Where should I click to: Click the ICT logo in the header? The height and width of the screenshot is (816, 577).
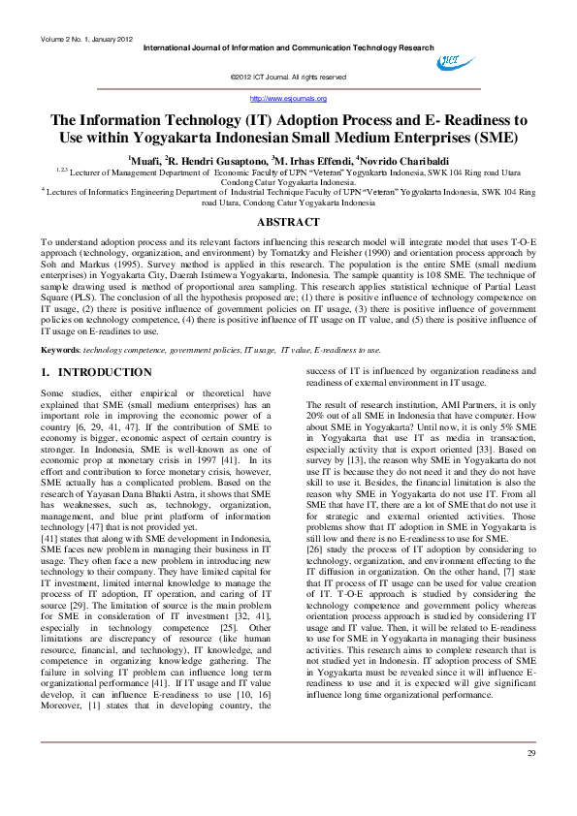pos(449,61)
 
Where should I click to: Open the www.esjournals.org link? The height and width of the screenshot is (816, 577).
pos(288,99)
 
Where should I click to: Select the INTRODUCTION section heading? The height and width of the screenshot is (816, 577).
pos(104,372)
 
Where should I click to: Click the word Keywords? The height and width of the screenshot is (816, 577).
pos(60,348)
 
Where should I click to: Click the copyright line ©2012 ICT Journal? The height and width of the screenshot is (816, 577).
pos(288,77)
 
